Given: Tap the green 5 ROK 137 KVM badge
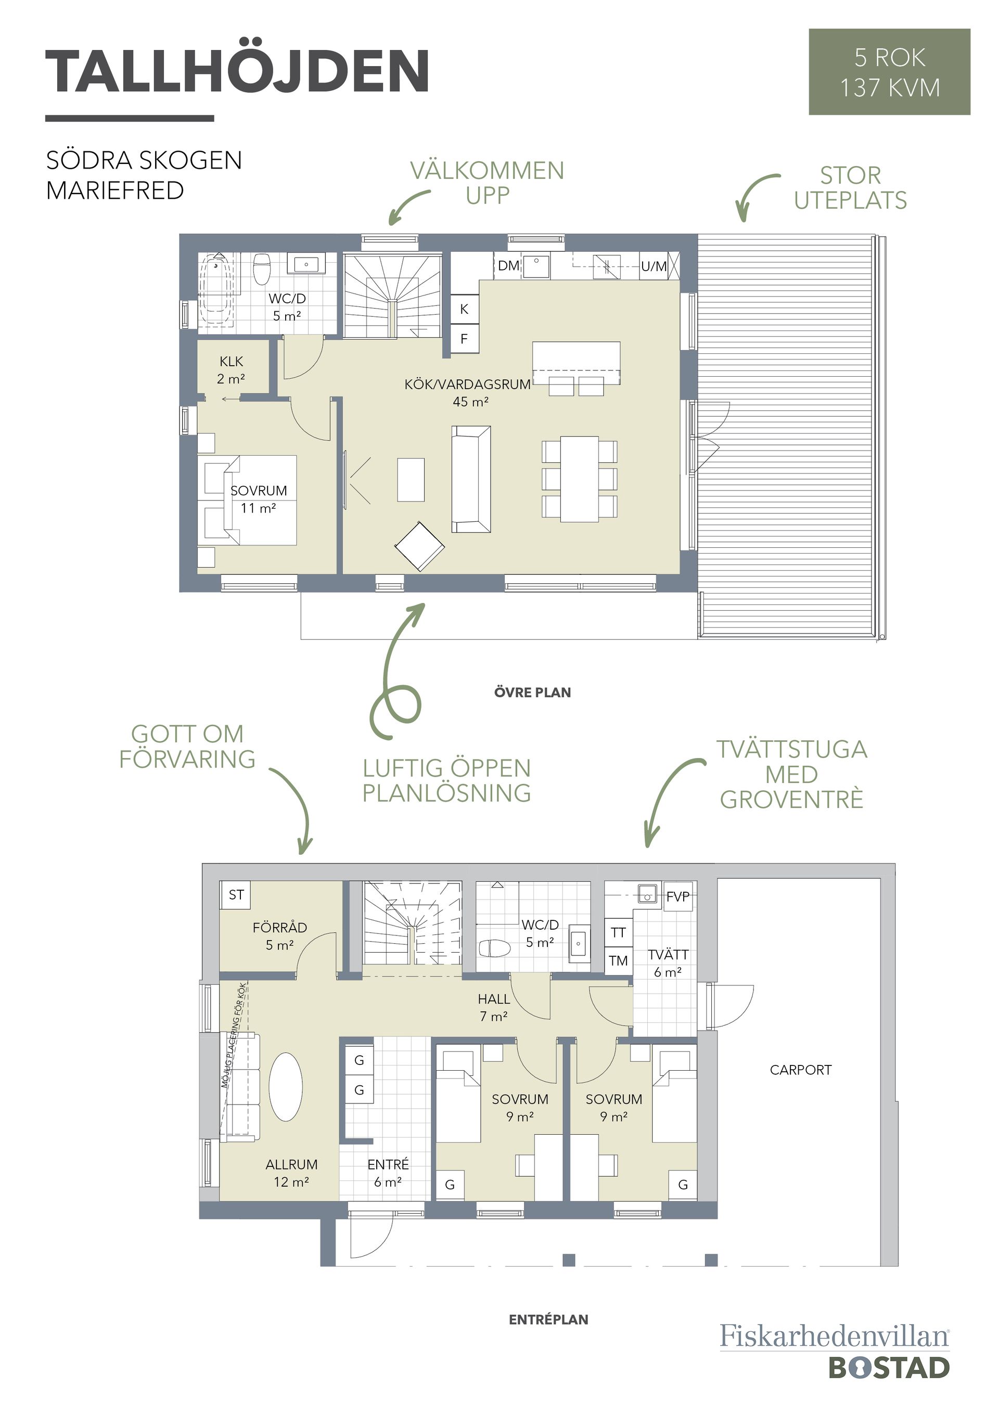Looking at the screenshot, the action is pos(889,71).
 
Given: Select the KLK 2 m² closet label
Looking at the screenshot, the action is pos(231,370).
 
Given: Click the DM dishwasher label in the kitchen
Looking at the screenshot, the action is pos(509,266).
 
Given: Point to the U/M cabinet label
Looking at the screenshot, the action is pos(654,266).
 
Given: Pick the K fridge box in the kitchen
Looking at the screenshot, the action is pos(465,309).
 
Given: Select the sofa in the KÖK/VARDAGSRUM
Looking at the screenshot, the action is pos(471,479).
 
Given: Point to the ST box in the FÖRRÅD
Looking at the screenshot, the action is pos(236,895).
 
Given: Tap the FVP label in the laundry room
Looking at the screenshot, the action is pos(677,897).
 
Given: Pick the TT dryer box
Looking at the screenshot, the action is pos(618,932).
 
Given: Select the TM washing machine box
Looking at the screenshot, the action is pos(618,961).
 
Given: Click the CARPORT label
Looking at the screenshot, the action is pos(800,1070).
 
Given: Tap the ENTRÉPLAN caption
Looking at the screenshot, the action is pos(548,1319).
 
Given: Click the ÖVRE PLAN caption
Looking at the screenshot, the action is pos(532,692).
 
